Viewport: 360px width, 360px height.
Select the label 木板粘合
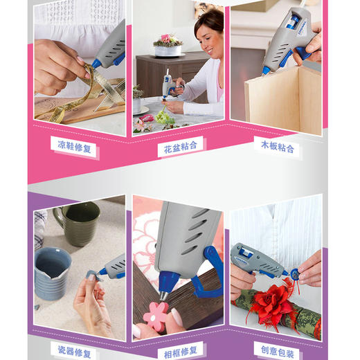[x=278, y=147]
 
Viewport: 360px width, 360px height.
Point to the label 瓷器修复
[x=73, y=352]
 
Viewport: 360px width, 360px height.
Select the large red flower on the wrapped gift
[x=273, y=305]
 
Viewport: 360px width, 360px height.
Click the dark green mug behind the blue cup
[x=78, y=223]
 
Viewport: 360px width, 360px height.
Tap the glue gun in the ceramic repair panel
[x=111, y=266]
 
